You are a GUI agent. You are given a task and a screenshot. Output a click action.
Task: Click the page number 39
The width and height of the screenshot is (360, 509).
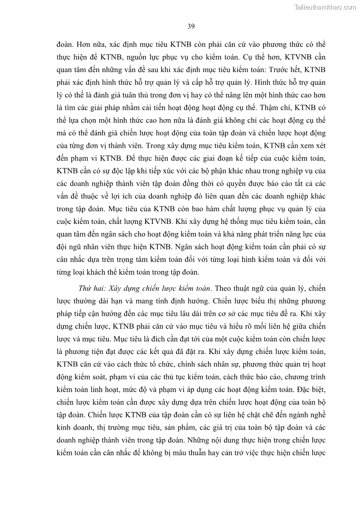[x=191, y=26]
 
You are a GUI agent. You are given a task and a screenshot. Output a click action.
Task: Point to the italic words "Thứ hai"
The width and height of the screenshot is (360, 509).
[x=92, y=288]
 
